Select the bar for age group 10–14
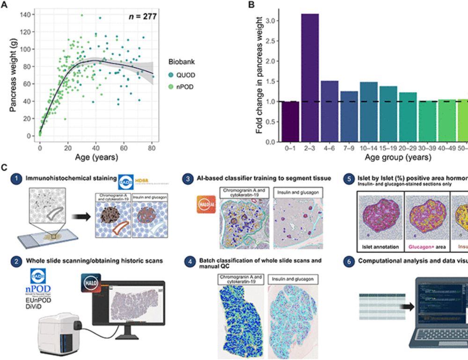(356, 112)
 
